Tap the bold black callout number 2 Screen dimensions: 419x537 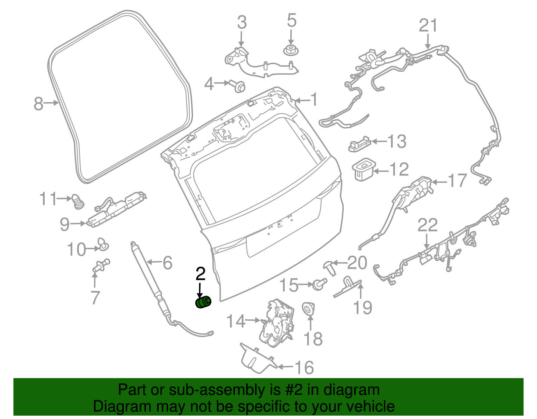[200, 274]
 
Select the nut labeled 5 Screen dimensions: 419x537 [291, 51]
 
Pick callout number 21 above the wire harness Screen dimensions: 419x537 [428, 26]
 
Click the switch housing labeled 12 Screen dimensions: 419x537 [363, 170]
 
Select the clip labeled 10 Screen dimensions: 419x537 [103, 244]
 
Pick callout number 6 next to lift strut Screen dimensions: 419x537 [167, 263]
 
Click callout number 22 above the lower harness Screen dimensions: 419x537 [427, 225]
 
